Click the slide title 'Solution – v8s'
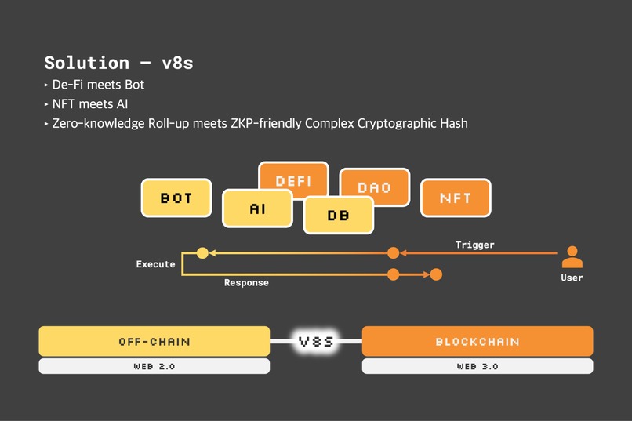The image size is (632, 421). pyautogui.click(x=118, y=63)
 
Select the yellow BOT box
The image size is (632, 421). pyautogui.click(x=176, y=198)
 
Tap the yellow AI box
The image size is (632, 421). pyautogui.click(x=258, y=209)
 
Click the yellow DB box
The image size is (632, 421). pyautogui.click(x=339, y=215)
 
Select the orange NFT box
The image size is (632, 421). pyautogui.click(x=456, y=198)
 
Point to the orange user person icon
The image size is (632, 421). pyautogui.click(x=572, y=256)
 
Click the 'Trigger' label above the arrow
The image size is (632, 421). pyautogui.click(x=475, y=245)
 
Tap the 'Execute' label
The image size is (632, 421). pyautogui.click(x=155, y=264)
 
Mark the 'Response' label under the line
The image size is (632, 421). pyautogui.click(x=246, y=282)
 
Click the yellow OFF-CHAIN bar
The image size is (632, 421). pyautogui.click(x=154, y=342)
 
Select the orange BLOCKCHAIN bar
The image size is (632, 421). pyautogui.click(x=478, y=342)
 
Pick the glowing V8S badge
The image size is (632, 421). pyautogui.click(x=316, y=341)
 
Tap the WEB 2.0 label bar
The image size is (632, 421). pyautogui.click(x=154, y=366)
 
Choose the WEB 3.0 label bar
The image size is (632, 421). pyautogui.click(x=478, y=366)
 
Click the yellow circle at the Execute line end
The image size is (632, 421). pyautogui.click(x=202, y=252)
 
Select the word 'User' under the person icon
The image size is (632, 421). pyautogui.click(x=572, y=278)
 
